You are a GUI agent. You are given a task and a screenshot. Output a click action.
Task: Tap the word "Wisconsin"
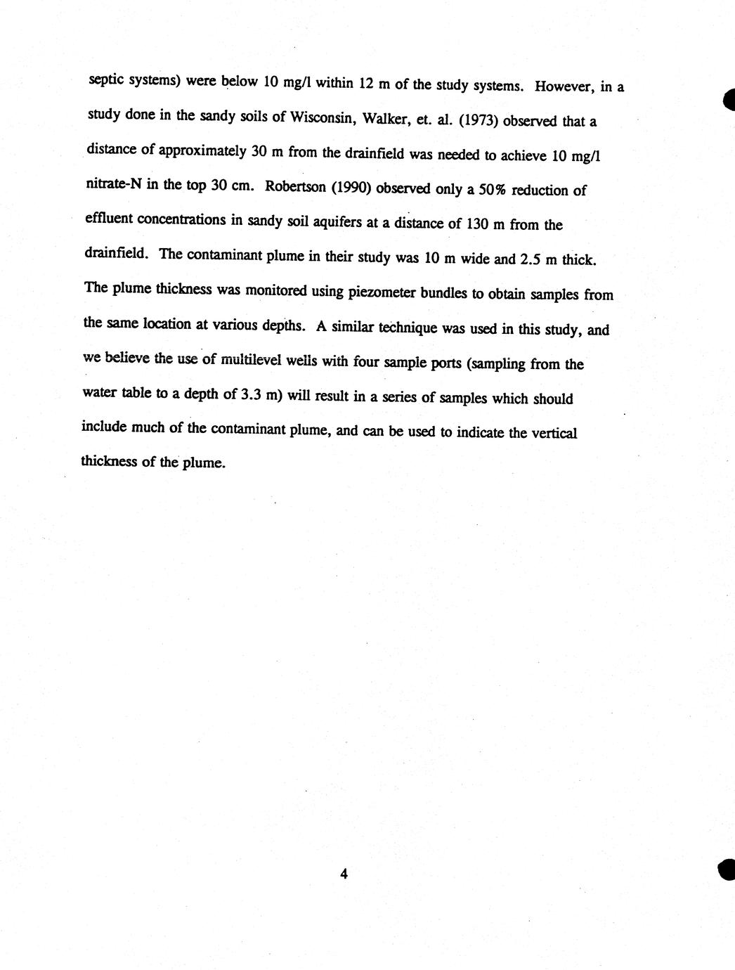click(x=316, y=117)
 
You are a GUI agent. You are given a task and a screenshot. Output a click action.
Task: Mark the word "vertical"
click(x=552, y=433)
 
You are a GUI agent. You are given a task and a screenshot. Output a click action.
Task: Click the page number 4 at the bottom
click(x=344, y=874)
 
